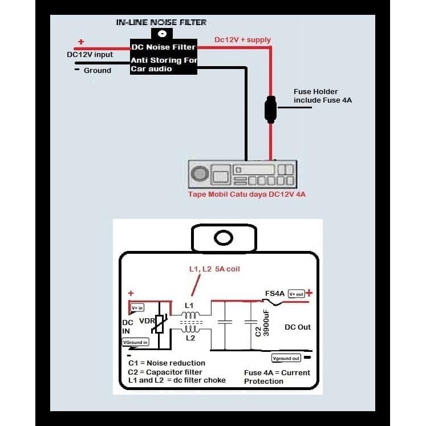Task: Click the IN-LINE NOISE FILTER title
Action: pos(161,22)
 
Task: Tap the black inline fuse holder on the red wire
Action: pos(270,109)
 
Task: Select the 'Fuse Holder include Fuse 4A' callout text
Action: pos(322,96)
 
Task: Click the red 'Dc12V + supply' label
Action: pos(242,40)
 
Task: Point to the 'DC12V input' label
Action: pos(90,55)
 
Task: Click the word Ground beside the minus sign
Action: pos(98,70)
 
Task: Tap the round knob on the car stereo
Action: pos(200,174)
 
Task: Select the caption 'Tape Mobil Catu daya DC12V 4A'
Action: pos(247,194)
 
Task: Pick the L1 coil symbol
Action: pos(190,315)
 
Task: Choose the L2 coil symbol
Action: pos(190,329)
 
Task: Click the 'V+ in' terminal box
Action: pos(137,308)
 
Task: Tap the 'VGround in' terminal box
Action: pos(135,342)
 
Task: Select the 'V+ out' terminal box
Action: pos(296,294)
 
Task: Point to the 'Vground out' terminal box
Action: pos(286,358)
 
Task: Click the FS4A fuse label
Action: pos(275,294)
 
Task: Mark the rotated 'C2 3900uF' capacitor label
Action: pos(262,323)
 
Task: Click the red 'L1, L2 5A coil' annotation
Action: pos(214,269)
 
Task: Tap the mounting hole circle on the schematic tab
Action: pos(224,238)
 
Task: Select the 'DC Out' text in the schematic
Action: pos(298,327)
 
